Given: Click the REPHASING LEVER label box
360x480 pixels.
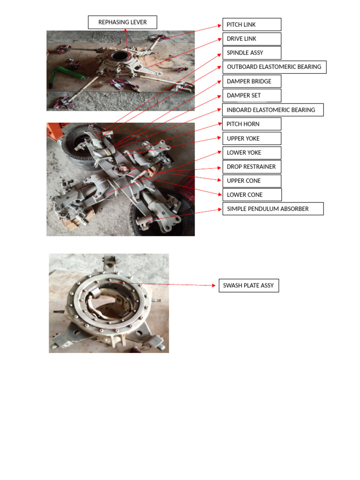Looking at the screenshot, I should (122, 22).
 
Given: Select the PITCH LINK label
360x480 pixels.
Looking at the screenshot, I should (252, 24).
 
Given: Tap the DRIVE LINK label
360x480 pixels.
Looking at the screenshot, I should (252, 38).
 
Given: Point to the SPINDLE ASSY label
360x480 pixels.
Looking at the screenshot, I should (252, 52).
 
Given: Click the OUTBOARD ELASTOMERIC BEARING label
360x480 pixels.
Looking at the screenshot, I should (274, 67).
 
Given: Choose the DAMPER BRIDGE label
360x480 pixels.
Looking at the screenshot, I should (252, 81).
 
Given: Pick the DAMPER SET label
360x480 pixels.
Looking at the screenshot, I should (252, 95).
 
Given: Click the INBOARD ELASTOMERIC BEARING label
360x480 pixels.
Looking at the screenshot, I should (273, 110).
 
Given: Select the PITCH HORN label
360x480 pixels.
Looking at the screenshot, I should (252, 124).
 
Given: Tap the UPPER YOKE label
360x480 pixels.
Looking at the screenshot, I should (252, 138).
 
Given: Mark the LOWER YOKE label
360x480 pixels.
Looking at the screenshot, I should (252, 152).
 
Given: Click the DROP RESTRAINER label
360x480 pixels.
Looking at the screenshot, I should (252, 166).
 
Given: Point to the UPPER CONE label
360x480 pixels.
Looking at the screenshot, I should (252, 180).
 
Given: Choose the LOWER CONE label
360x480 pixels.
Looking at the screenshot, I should (252, 195).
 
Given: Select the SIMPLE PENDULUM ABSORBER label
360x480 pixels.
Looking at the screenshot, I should (273, 209).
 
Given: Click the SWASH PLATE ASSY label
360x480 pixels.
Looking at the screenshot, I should (248, 285).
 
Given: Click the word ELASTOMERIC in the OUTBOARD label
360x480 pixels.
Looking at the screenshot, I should (277, 67).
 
